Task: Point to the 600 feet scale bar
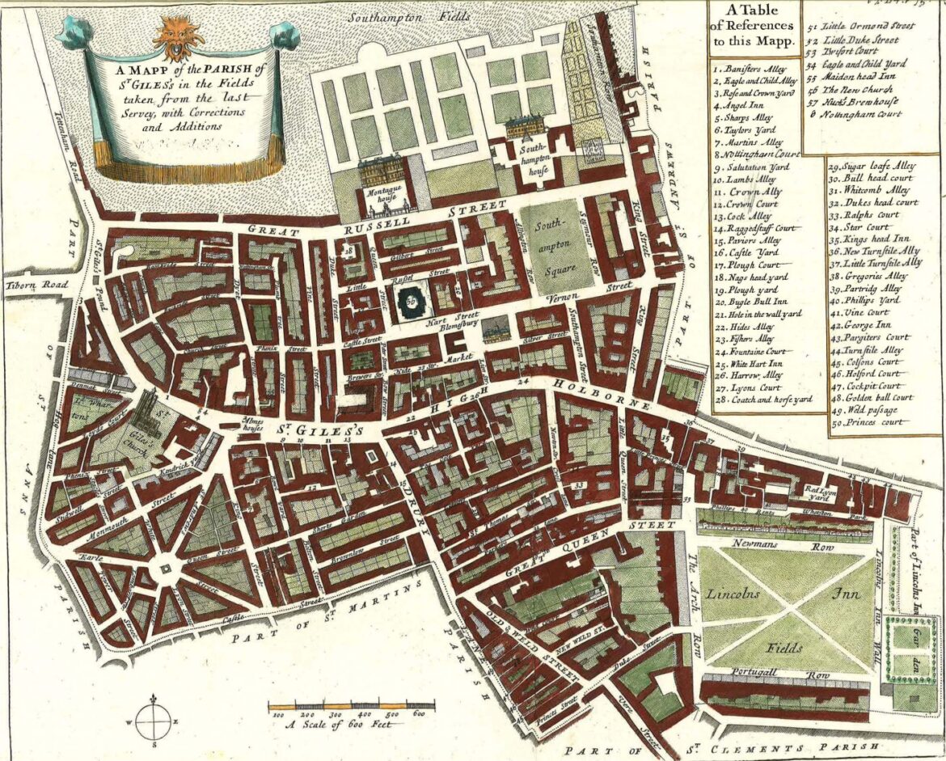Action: [352, 706]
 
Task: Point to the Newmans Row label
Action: [782, 545]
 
